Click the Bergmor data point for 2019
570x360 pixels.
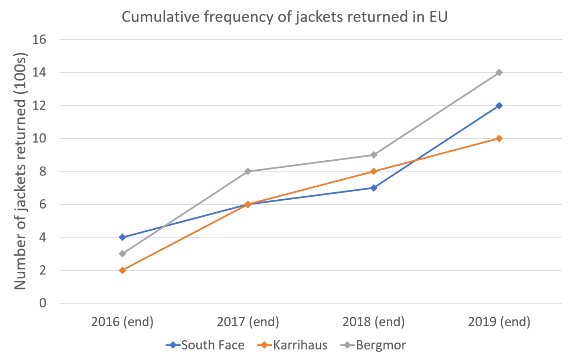(499, 72)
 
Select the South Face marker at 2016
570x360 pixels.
(122, 237)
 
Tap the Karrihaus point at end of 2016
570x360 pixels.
(122, 270)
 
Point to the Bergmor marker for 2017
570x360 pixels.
(248, 171)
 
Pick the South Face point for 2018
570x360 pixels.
(374, 188)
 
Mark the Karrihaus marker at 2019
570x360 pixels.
(499, 138)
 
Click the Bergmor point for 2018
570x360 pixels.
(374, 155)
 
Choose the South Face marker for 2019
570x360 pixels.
(499, 105)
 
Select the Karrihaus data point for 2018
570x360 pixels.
(374, 171)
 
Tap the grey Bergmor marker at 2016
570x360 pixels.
(122, 254)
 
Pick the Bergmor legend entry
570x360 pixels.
(373, 345)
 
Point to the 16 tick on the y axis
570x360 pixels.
(39, 39)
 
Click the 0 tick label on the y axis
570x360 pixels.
(43, 303)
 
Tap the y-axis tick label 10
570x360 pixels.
(39, 138)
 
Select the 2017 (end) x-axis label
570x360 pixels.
(248, 322)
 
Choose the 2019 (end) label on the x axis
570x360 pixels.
(499, 322)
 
